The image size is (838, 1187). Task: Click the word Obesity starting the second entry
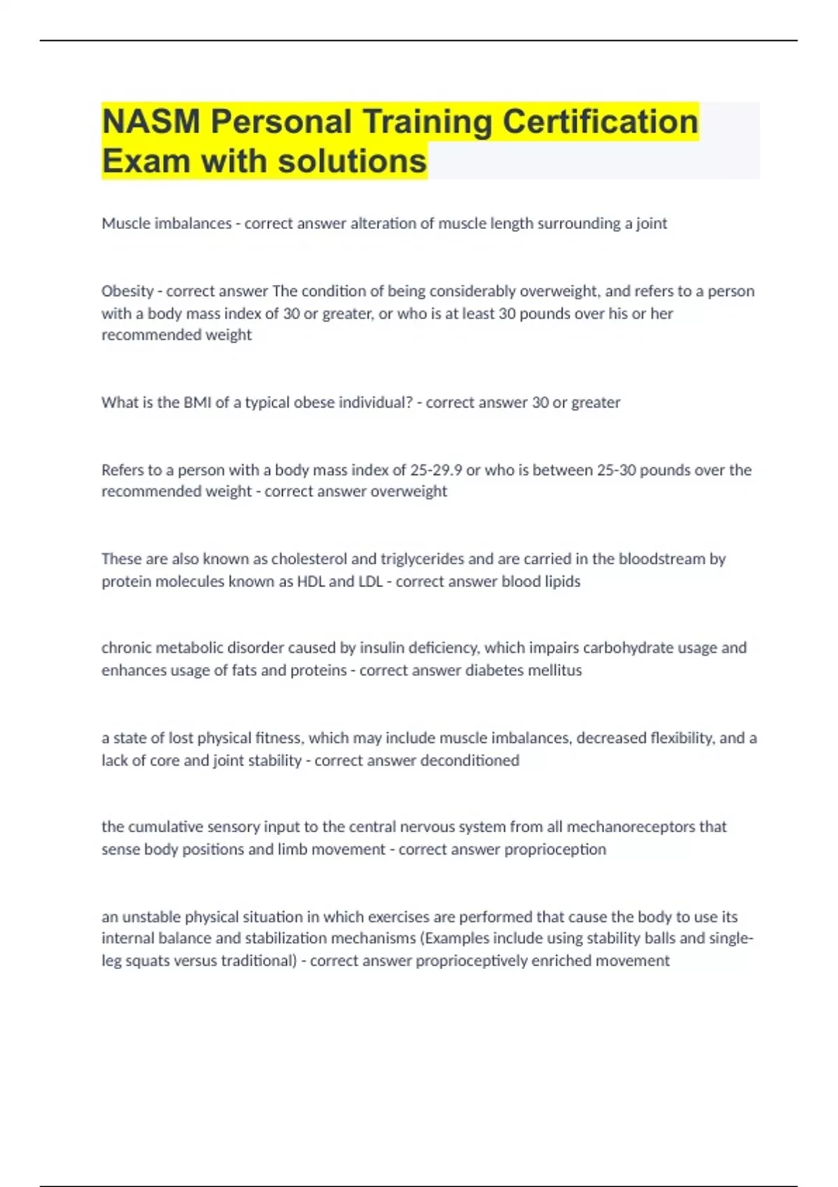pos(127,291)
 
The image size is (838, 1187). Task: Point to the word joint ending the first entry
pos(649,223)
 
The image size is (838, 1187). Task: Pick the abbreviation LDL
pos(370,582)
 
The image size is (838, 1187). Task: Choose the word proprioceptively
pos(471,961)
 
